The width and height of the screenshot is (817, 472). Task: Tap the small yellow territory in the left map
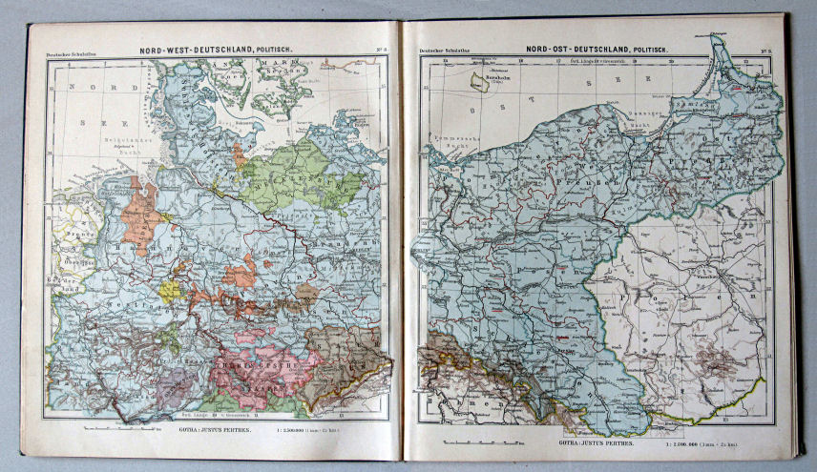coord(170,290)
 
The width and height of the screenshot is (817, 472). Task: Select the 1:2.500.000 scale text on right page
coord(687,442)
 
